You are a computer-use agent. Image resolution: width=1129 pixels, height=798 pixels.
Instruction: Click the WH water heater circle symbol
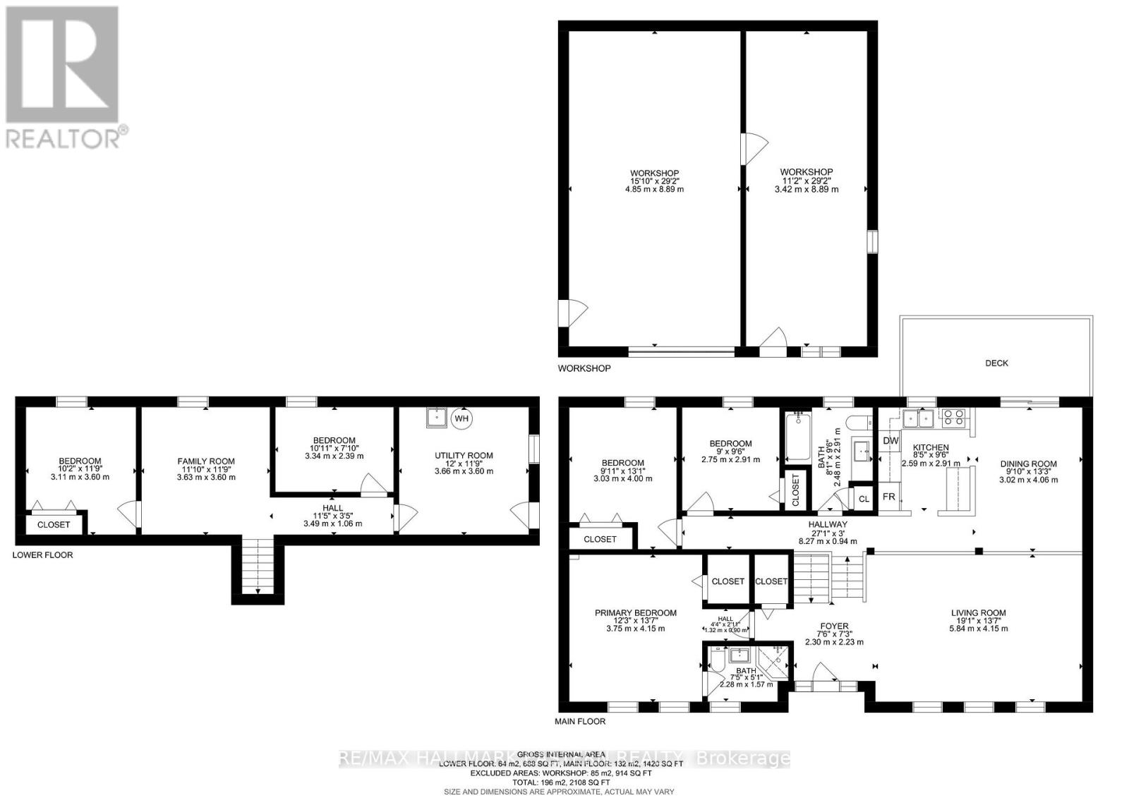pos(461,418)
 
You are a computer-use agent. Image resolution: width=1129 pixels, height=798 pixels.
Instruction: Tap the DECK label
pos(996,363)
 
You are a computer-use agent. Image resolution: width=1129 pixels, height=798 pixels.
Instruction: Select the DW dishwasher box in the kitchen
pos(890,440)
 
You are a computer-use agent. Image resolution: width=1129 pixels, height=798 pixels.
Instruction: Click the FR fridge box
pos(889,497)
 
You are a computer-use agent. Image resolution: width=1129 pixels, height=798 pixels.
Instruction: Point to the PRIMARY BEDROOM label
pos(635,612)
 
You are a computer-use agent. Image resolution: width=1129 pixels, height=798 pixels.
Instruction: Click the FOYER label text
pos(834,626)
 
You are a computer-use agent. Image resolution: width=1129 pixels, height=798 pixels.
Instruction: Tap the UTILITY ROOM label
pos(464,455)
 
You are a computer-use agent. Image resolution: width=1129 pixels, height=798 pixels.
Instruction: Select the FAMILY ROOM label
pos(206,461)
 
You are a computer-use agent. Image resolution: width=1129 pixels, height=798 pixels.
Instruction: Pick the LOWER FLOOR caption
pos(42,555)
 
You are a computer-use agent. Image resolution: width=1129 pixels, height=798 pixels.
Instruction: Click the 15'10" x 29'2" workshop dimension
pos(655,181)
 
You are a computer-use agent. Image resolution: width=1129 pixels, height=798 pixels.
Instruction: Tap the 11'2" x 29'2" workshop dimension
pos(807,181)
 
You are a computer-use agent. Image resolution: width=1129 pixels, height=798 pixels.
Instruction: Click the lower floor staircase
pos(258,565)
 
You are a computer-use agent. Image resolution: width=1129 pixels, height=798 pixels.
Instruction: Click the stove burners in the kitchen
pos(954,418)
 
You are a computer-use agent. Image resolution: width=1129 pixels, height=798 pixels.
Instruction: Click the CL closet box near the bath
pos(864,498)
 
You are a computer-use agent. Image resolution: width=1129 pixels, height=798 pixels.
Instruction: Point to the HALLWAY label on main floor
pos(828,524)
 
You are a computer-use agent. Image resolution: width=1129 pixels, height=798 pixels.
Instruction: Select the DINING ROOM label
pos(1028,464)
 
